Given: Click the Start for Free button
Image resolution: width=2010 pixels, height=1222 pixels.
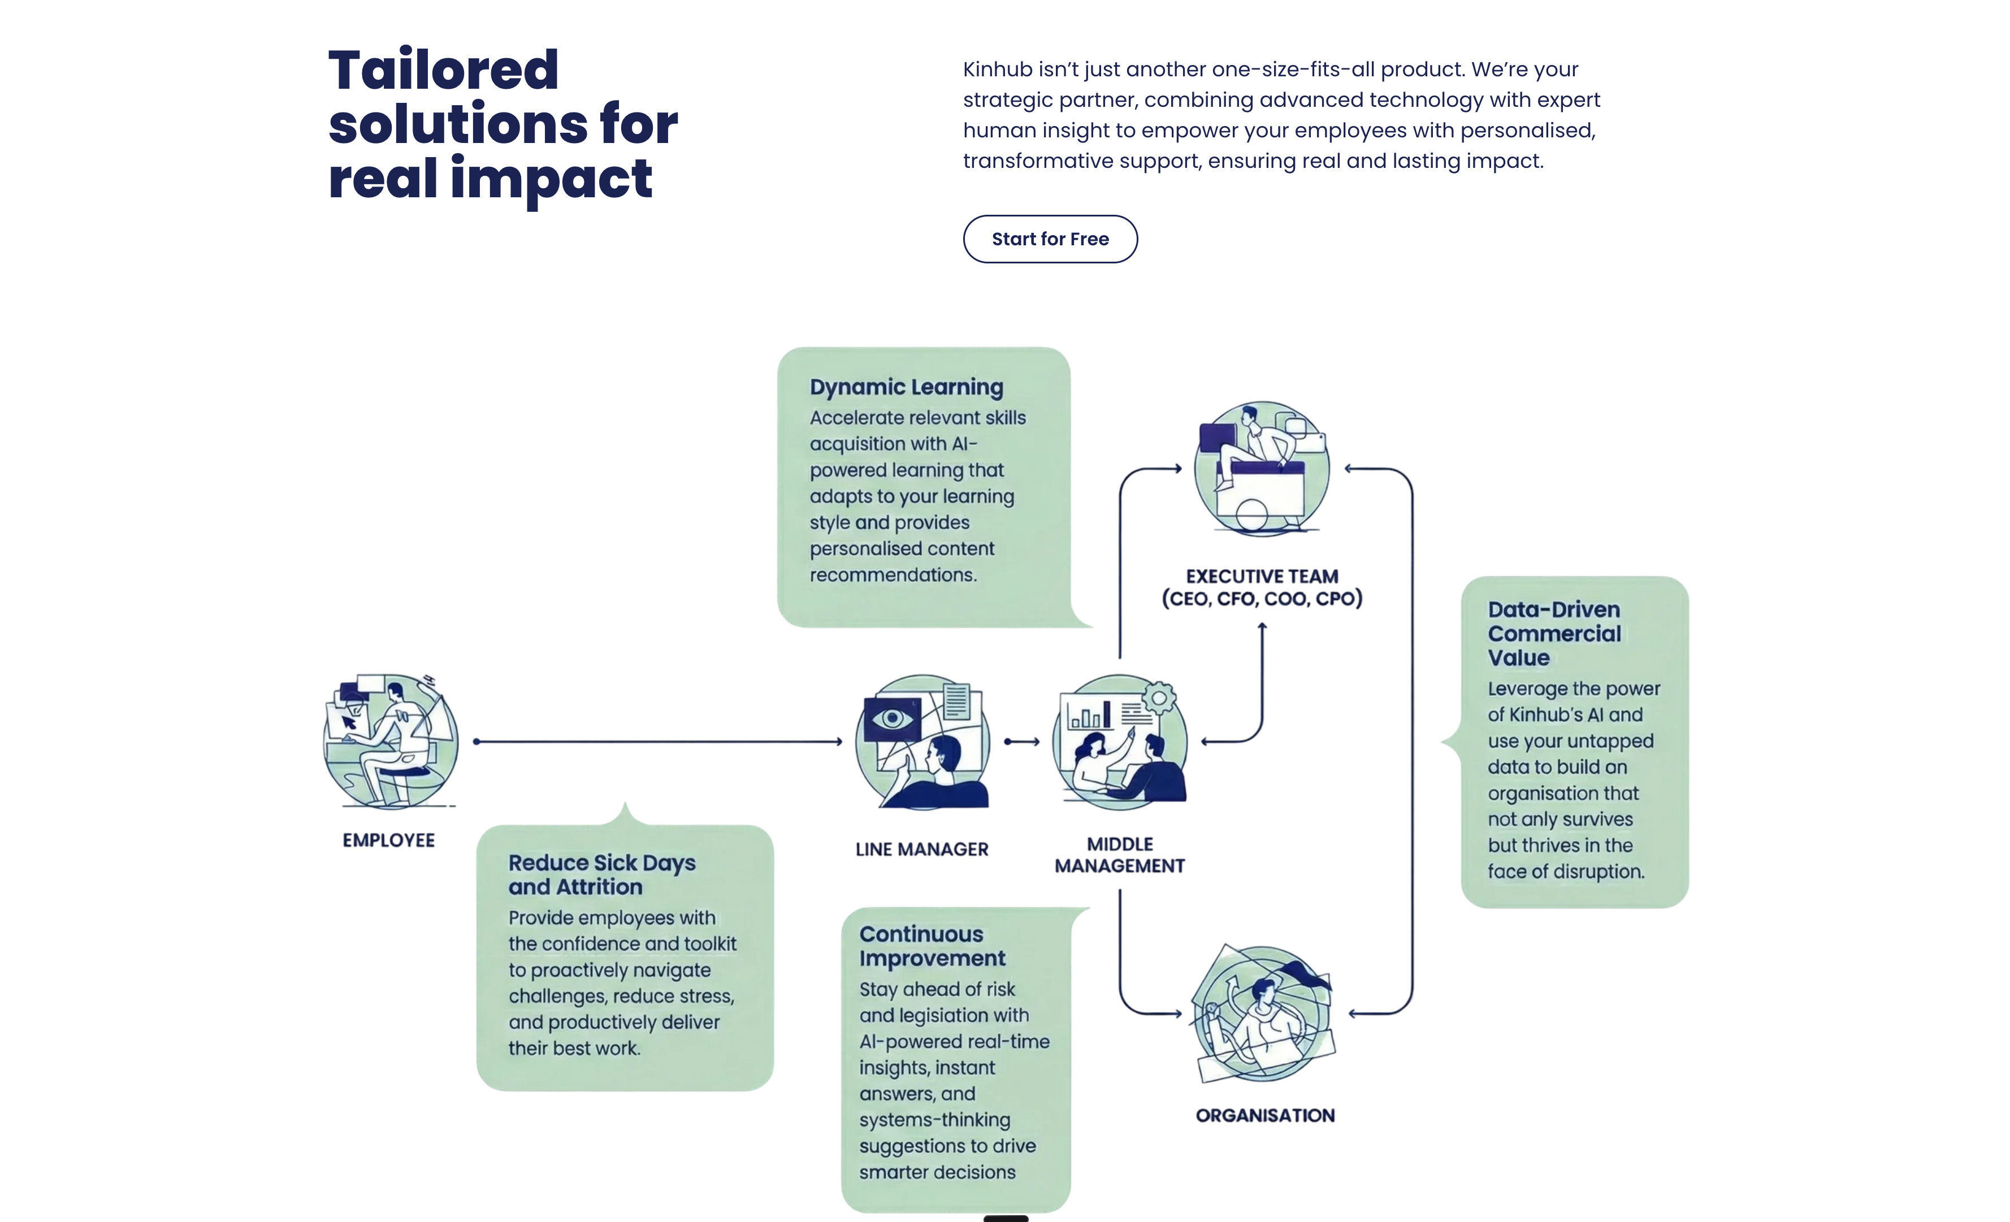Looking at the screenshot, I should tap(1050, 239).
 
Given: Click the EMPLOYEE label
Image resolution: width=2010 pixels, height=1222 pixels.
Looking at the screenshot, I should tap(388, 840).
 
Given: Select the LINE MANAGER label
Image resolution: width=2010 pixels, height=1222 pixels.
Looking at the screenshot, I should tap(922, 849).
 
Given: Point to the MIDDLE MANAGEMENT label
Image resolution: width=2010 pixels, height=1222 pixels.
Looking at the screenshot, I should tap(1119, 855).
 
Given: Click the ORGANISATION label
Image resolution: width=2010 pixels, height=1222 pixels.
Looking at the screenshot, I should tap(1264, 1115).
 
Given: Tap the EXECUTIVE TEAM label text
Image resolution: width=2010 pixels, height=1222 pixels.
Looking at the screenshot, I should tap(1262, 577).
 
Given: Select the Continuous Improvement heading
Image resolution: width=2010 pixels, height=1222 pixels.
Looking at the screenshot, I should tap(932, 946).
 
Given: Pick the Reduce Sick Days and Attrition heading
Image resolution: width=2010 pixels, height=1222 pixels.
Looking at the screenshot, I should tap(601, 874).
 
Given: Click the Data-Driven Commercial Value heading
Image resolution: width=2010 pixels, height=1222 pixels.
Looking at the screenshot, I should tap(1554, 633).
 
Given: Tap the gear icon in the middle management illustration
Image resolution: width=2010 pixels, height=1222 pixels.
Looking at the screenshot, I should tap(1158, 698).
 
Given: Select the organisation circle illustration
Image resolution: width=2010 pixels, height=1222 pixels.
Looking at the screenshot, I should tap(1263, 1013).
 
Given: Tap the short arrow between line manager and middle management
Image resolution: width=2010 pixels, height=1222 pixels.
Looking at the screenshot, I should tap(1022, 742).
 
